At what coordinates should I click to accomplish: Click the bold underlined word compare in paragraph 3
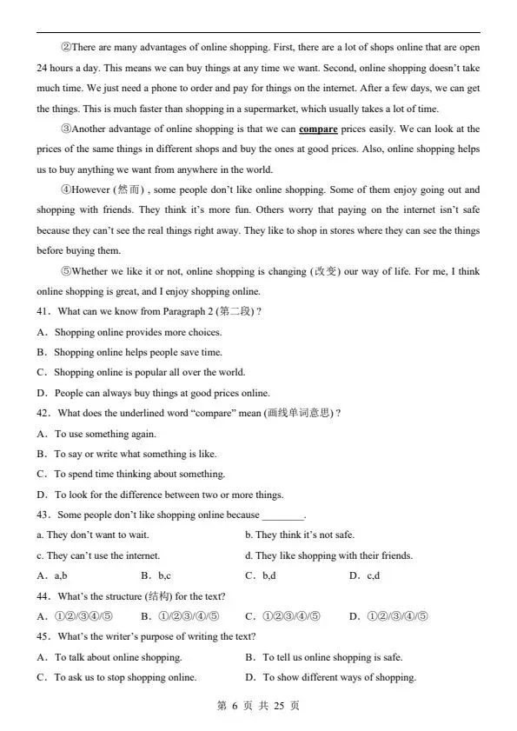(318, 130)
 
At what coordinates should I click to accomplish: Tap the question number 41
(43, 312)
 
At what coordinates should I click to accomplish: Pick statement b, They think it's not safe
(300, 535)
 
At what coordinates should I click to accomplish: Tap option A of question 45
(118, 657)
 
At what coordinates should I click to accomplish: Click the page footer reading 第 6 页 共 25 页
(258, 706)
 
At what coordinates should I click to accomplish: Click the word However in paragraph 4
(90, 189)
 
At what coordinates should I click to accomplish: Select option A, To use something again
(105, 434)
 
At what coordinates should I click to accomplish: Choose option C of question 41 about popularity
(137, 373)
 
